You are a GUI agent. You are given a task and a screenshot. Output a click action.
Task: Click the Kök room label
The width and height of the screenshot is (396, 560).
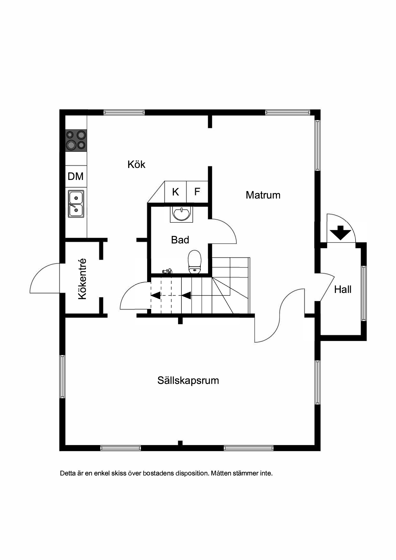click(x=136, y=164)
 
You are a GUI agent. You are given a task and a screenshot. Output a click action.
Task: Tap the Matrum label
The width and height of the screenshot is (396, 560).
click(x=263, y=195)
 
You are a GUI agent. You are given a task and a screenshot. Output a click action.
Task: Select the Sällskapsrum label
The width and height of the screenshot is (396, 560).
click(x=188, y=381)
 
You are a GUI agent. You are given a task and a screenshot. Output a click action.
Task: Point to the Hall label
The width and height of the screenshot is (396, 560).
click(x=343, y=289)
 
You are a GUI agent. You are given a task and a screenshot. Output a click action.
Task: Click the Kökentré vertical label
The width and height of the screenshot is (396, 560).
click(x=82, y=279)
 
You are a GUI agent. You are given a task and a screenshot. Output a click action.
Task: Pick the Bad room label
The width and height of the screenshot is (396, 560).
click(x=180, y=240)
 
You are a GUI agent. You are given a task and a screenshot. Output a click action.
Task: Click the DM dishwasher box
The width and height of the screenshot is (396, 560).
click(x=76, y=176)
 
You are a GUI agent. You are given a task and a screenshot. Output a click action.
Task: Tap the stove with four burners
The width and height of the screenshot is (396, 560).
click(x=76, y=140)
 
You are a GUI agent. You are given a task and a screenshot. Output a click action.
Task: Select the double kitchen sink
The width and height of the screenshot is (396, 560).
click(x=76, y=204)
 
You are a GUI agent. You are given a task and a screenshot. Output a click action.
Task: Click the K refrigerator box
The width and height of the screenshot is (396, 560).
click(x=176, y=192)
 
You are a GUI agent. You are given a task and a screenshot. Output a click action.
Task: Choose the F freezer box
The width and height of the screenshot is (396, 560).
click(x=197, y=192)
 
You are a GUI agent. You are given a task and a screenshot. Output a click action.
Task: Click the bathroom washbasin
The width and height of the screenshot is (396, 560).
click(x=182, y=214)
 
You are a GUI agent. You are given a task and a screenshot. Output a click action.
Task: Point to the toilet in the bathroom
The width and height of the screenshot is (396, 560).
click(x=195, y=262)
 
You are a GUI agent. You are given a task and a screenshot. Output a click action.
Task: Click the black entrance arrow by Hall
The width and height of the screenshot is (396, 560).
click(x=340, y=233)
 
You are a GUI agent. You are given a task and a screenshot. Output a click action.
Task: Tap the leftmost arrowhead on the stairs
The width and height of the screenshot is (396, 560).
click(x=155, y=295)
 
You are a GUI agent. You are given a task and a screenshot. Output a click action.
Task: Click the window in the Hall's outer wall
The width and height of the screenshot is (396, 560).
click(x=364, y=293)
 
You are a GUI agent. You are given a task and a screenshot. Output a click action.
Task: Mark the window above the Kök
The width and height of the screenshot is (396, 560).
click(x=124, y=112)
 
